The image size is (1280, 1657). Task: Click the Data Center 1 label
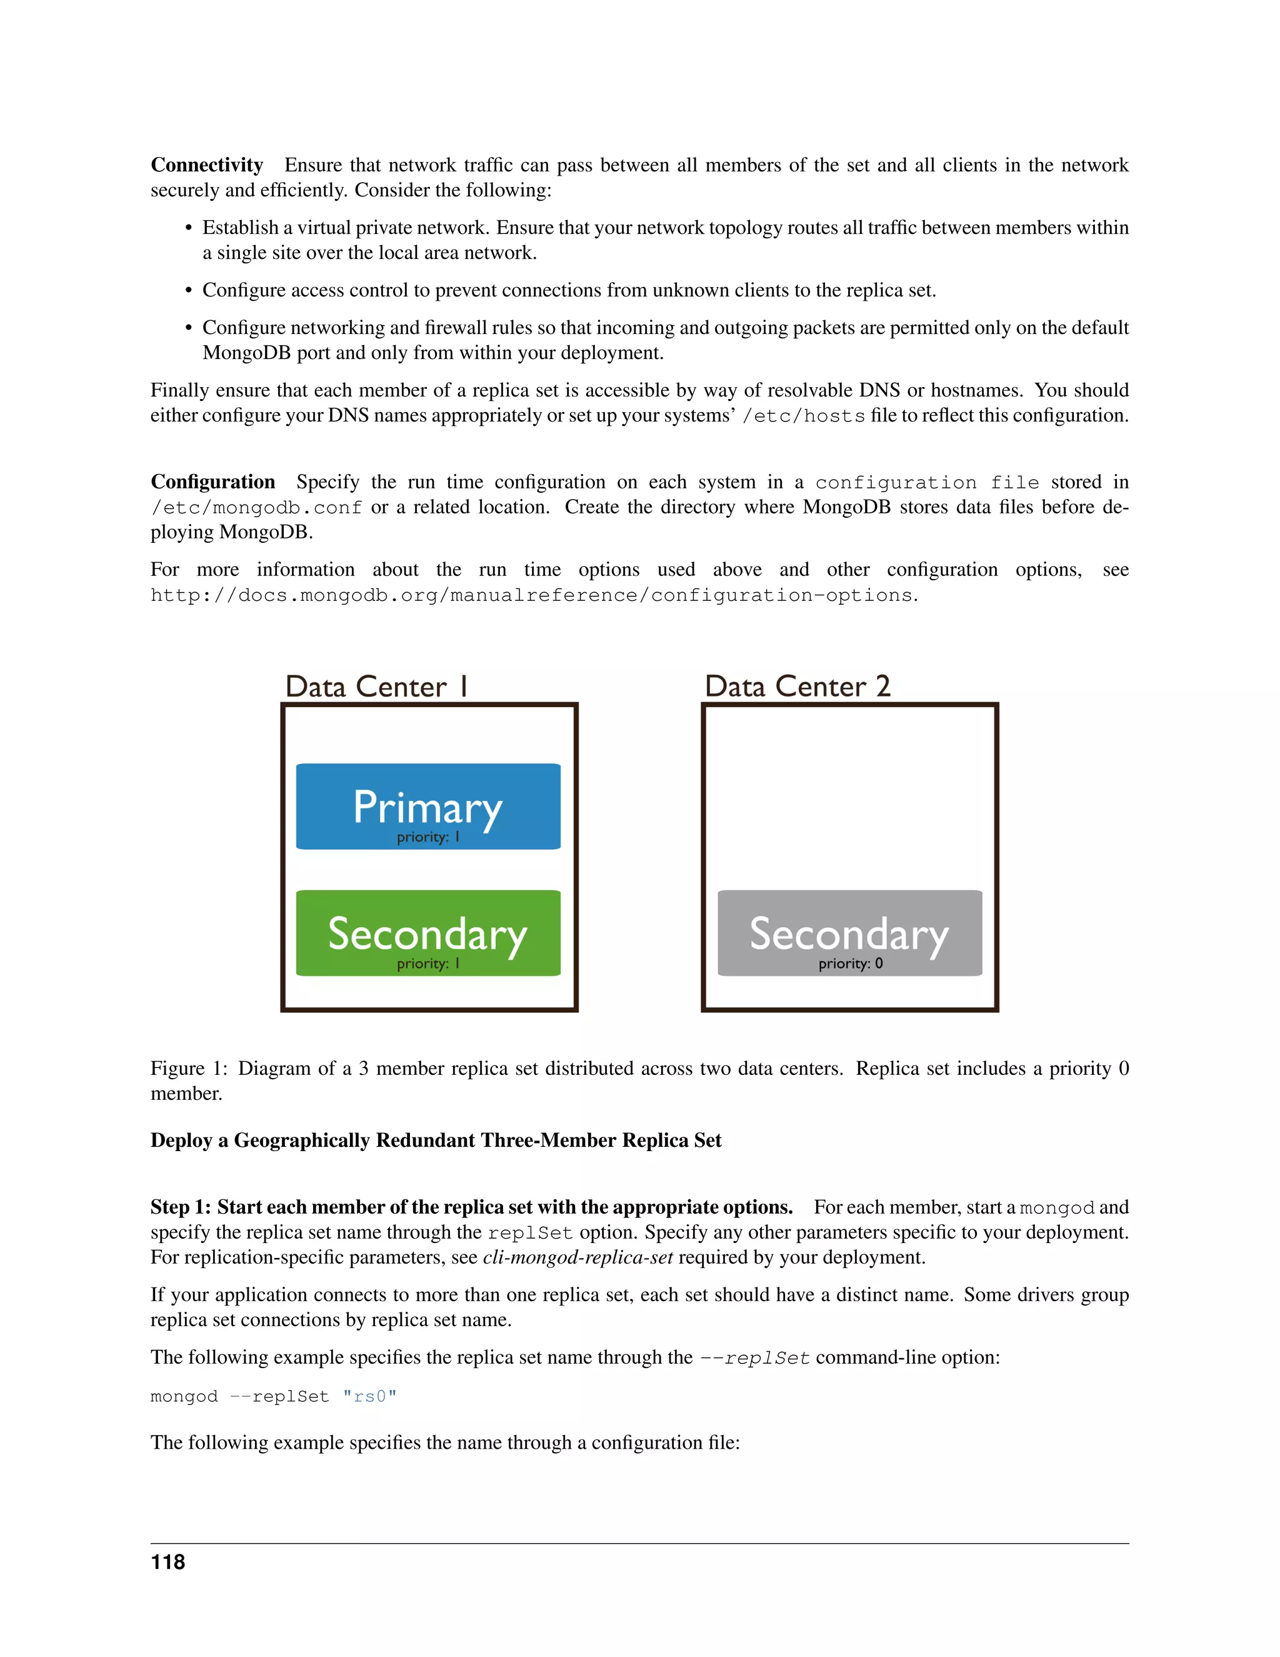click(x=377, y=687)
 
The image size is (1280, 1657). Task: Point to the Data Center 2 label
click(x=797, y=687)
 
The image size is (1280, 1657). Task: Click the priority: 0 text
click(x=850, y=964)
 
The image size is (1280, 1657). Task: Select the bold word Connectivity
click(x=206, y=166)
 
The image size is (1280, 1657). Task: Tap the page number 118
click(x=167, y=1563)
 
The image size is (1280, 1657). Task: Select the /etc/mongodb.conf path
click(x=256, y=508)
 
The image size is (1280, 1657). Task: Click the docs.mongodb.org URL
click(x=534, y=595)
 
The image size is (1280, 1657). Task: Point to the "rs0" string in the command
click(x=369, y=1397)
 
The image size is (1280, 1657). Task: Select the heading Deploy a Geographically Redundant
click(x=435, y=1141)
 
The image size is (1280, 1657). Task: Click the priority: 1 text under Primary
click(x=427, y=838)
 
